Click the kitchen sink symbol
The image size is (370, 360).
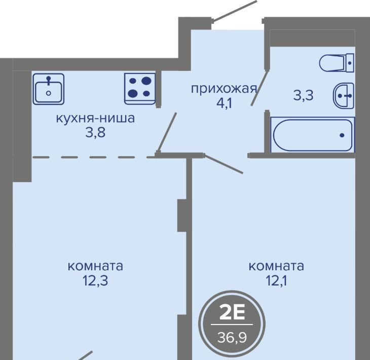click(x=49, y=89)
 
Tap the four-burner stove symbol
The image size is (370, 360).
click(x=140, y=89)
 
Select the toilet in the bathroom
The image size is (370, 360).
click(x=337, y=62)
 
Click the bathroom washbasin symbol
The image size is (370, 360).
click(x=344, y=96)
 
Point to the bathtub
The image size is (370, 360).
click(x=313, y=135)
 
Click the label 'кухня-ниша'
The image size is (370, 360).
click(x=95, y=118)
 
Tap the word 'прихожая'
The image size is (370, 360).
click(x=224, y=89)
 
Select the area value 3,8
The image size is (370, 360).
click(x=95, y=133)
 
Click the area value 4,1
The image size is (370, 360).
click(x=224, y=103)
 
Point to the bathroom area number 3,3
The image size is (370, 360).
click(x=304, y=96)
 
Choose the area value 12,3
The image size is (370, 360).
click(x=95, y=281)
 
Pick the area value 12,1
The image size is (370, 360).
click(x=276, y=281)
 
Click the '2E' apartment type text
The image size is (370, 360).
click(x=232, y=312)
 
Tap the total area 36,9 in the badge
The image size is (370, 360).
click(x=232, y=338)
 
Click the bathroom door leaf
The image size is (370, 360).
click(x=260, y=88)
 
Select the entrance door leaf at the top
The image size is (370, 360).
click(x=234, y=11)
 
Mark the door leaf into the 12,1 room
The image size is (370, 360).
click(x=223, y=164)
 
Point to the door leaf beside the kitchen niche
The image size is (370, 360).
click(x=167, y=132)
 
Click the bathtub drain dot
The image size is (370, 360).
click(x=342, y=135)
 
